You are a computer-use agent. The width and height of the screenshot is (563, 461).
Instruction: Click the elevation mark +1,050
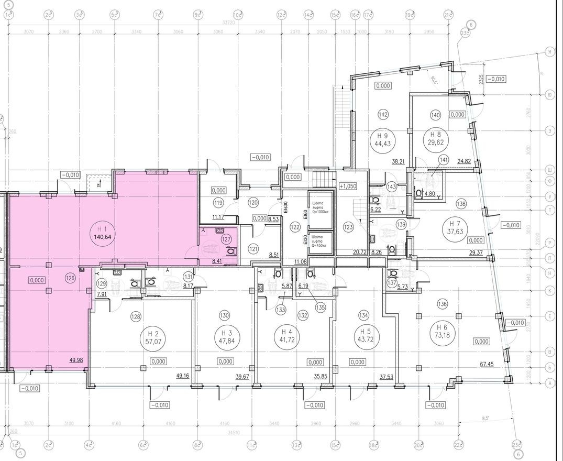point(348,186)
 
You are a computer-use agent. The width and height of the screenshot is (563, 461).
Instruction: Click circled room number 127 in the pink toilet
point(226,239)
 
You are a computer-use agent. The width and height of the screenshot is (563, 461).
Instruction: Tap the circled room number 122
point(295,227)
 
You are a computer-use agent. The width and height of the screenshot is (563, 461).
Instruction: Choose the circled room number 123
point(348,227)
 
